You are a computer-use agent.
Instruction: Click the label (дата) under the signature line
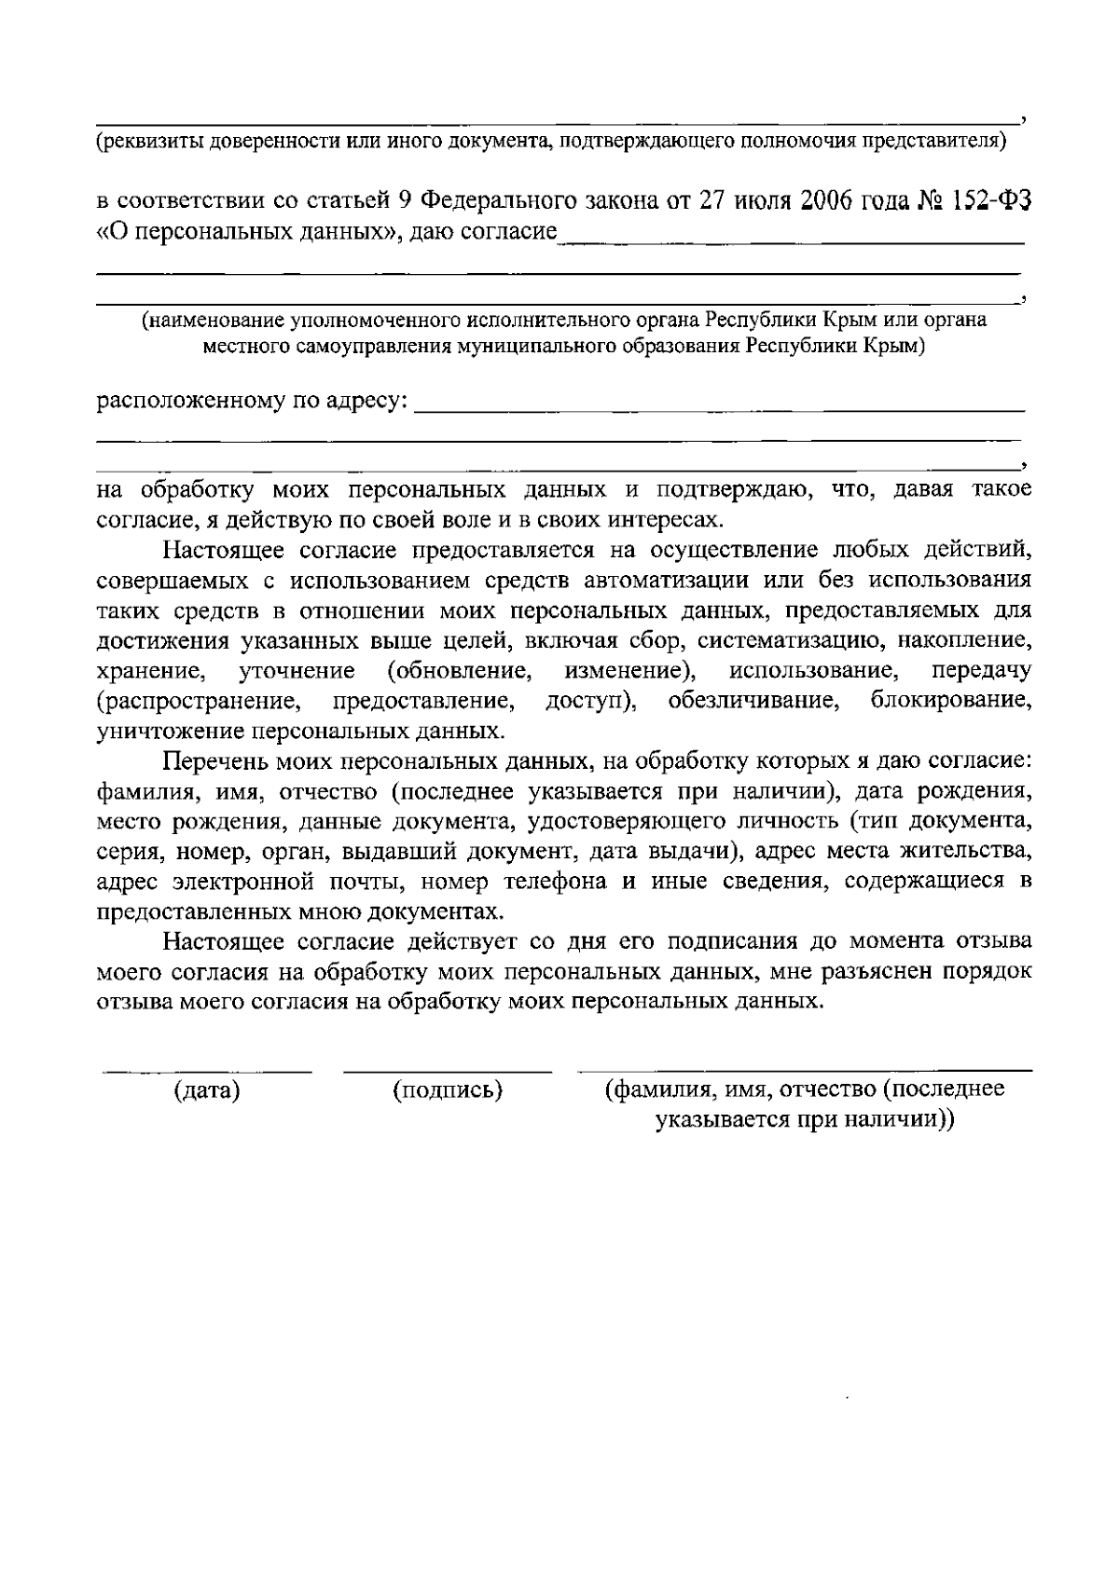207,1091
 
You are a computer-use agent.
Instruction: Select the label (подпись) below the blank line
449,1091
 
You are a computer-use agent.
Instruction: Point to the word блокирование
950,701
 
